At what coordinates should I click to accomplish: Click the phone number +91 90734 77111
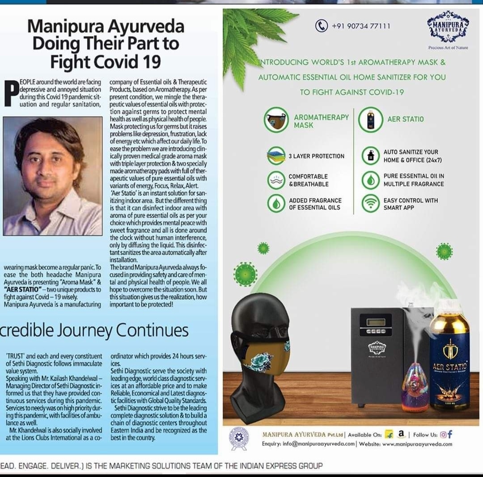coord(360,26)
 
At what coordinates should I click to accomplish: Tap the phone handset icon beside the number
coord(322,26)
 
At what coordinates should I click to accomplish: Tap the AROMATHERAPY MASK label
coord(321,121)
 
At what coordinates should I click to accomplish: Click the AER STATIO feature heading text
coord(405,119)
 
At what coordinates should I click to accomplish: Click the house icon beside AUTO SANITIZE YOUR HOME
coord(370,156)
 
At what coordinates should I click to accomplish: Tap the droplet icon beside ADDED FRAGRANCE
coord(276,204)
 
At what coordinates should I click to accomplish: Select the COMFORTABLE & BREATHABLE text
coord(308,180)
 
